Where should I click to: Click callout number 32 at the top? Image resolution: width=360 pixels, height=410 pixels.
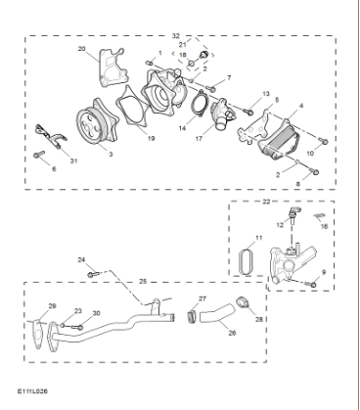pos(175,34)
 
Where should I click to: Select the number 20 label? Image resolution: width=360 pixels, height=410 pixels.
pos(81,48)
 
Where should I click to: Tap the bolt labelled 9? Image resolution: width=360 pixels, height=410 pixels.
pos(311,284)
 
